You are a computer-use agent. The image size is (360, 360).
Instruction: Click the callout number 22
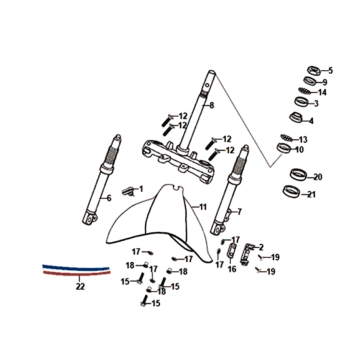pos(80,286)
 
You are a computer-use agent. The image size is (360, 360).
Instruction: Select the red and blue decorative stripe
pos(76,270)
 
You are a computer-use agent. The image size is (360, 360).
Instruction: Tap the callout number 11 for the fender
pos(203,207)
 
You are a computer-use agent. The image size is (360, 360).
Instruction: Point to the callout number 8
pos(211,106)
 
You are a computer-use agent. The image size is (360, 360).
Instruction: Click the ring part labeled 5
pos(314,71)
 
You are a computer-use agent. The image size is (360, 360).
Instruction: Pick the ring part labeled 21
pos(290,191)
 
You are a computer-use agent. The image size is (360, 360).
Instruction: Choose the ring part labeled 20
pos(297,174)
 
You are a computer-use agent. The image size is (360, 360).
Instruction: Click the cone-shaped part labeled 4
pos(295,118)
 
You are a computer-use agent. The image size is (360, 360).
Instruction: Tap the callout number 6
pos(109,198)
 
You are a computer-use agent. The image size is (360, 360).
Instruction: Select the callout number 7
pos(239,212)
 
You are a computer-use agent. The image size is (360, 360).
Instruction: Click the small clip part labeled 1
pos(128,191)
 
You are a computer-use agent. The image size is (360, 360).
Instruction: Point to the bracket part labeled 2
pos(246,253)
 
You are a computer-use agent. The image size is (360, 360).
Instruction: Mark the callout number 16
pos(232,269)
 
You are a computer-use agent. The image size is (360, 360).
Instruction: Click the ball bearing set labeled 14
pos(304,91)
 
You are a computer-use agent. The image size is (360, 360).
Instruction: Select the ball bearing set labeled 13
pos(286,137)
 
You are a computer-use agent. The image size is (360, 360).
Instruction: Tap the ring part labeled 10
pos(284,148)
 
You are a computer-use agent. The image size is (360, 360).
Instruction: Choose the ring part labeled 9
pos(310,81)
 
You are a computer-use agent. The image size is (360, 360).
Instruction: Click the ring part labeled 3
pos(301,101)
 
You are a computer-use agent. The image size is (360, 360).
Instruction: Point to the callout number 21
pos(311,194)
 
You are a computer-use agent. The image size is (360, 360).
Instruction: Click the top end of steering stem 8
pos(211,72)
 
